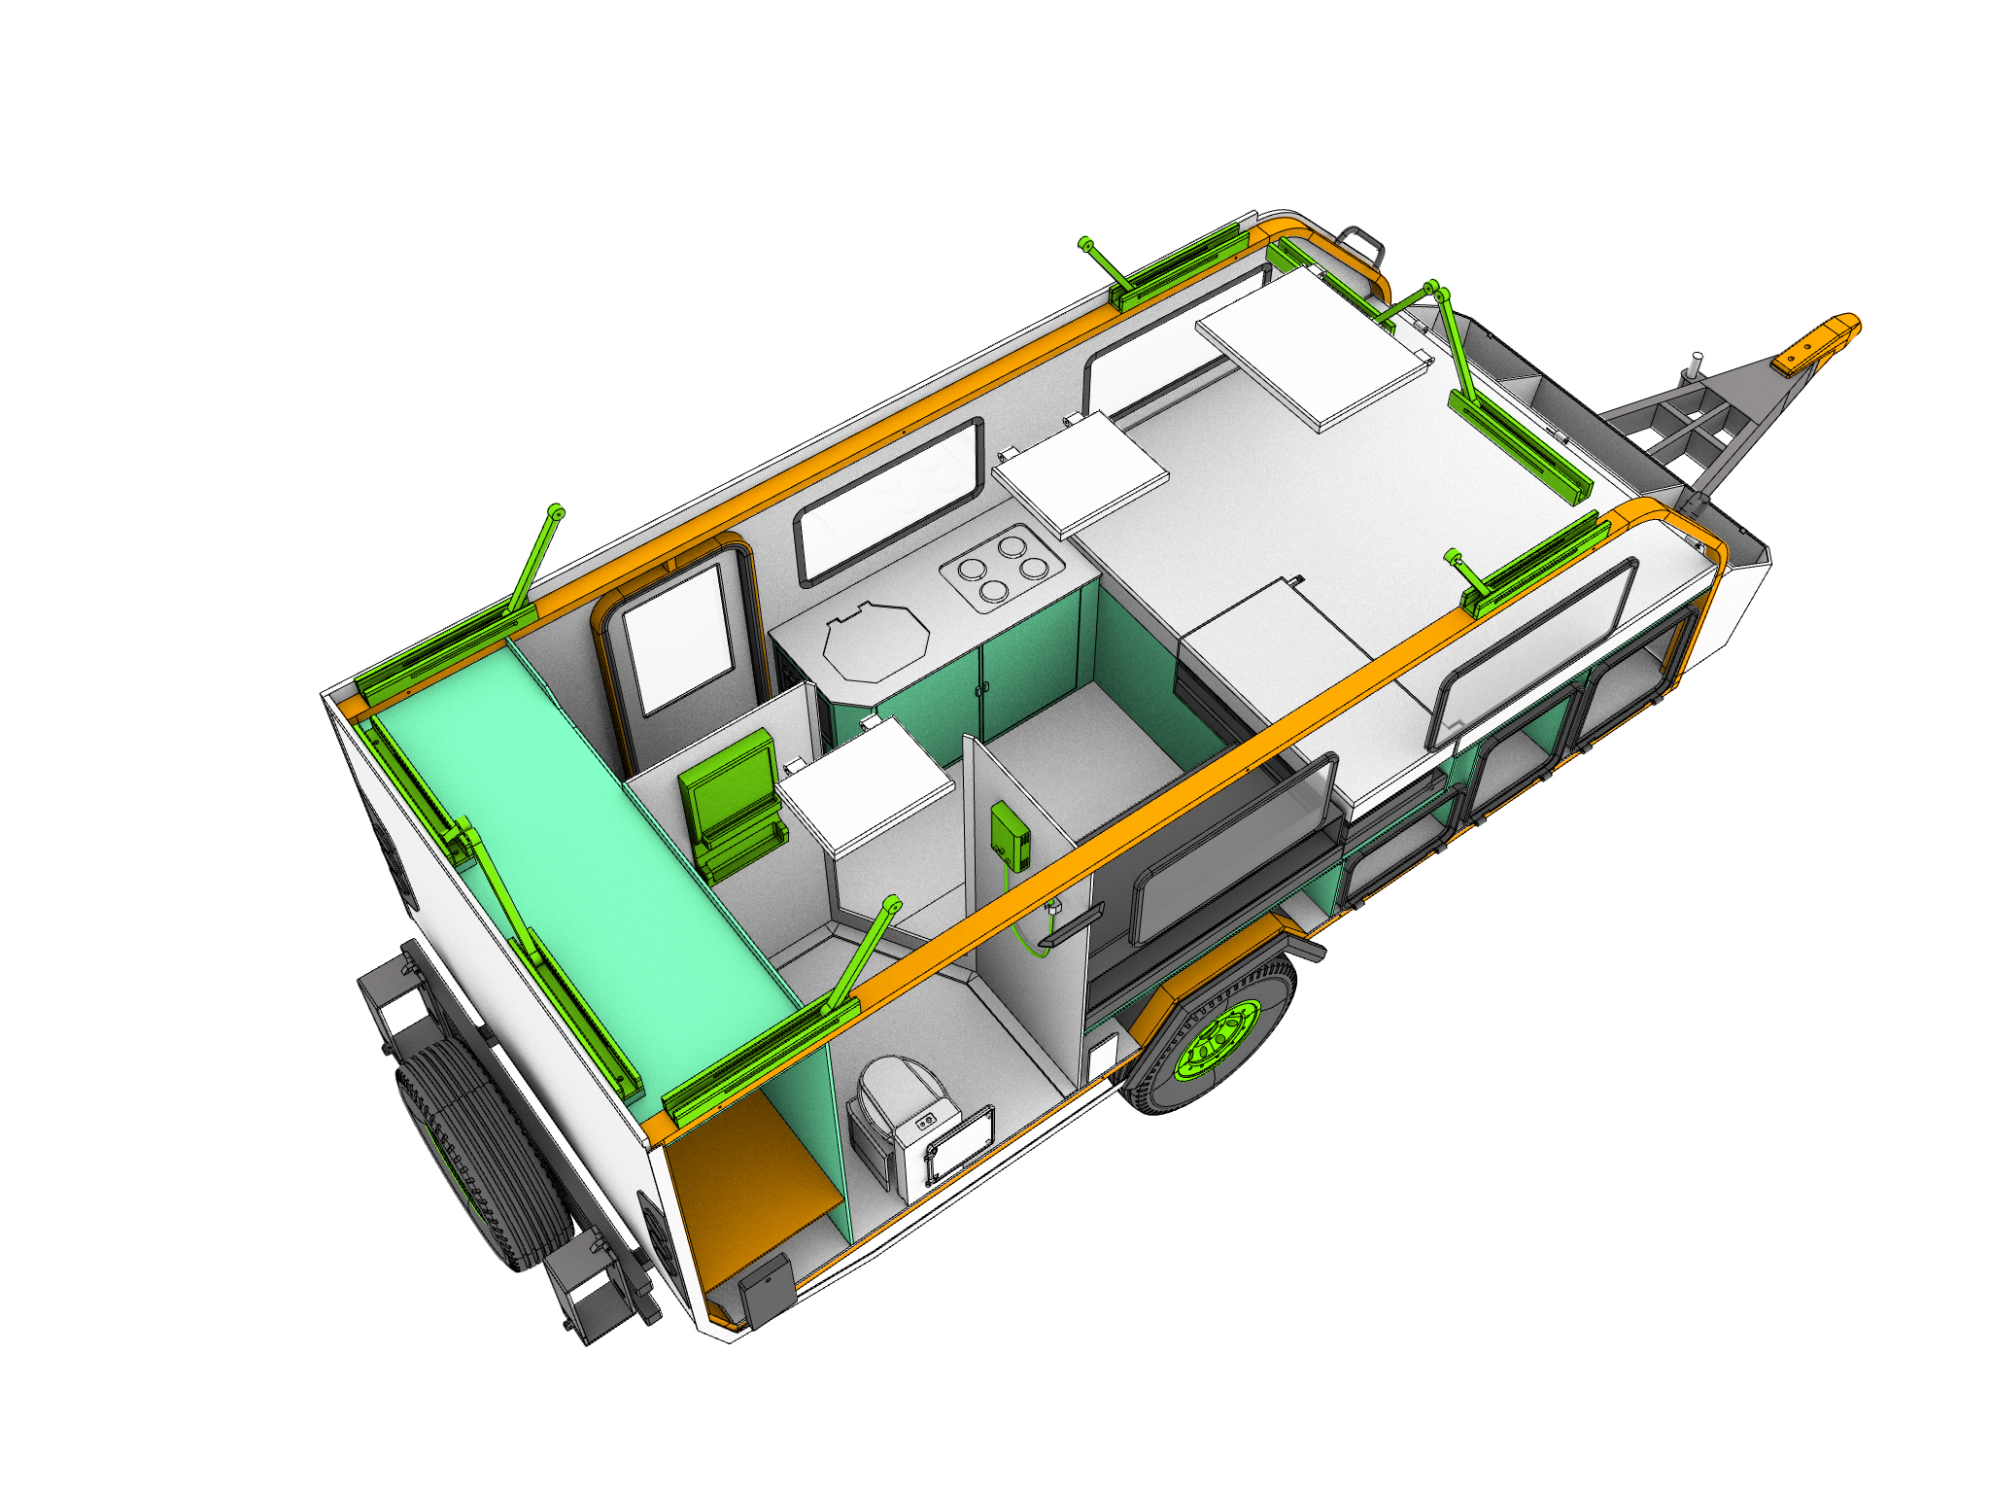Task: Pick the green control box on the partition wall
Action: tap(1011, 836)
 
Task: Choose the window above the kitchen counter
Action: tap(889, 501)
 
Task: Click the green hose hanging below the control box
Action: tap(1020, 923)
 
